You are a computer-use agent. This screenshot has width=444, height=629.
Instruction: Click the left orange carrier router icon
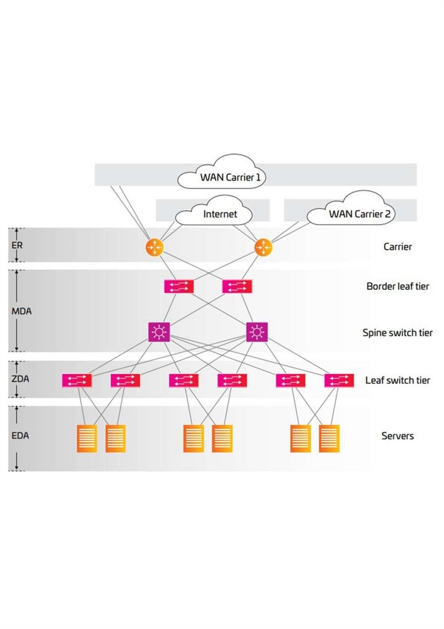154,247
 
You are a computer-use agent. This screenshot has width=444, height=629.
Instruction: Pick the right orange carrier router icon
263,247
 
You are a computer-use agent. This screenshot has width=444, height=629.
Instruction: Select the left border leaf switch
179,286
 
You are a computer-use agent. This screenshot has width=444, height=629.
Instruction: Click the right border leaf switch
237,286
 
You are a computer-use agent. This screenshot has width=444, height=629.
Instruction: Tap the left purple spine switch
159,332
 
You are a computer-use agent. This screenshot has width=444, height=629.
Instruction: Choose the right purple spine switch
257,332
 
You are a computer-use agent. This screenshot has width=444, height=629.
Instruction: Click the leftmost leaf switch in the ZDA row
77,380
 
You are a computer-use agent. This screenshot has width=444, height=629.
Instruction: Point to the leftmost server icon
87,438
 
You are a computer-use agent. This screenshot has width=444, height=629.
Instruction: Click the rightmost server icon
329,438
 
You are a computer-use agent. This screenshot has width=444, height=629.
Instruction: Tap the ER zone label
17,244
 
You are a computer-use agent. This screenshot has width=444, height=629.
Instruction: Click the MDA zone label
21,311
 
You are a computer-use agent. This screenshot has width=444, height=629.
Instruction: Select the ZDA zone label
20,378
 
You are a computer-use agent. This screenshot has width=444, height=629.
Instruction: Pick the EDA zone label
20,436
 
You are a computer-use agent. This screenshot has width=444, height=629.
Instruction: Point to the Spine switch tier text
397,333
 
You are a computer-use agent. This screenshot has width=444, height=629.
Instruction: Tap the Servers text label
397,436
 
